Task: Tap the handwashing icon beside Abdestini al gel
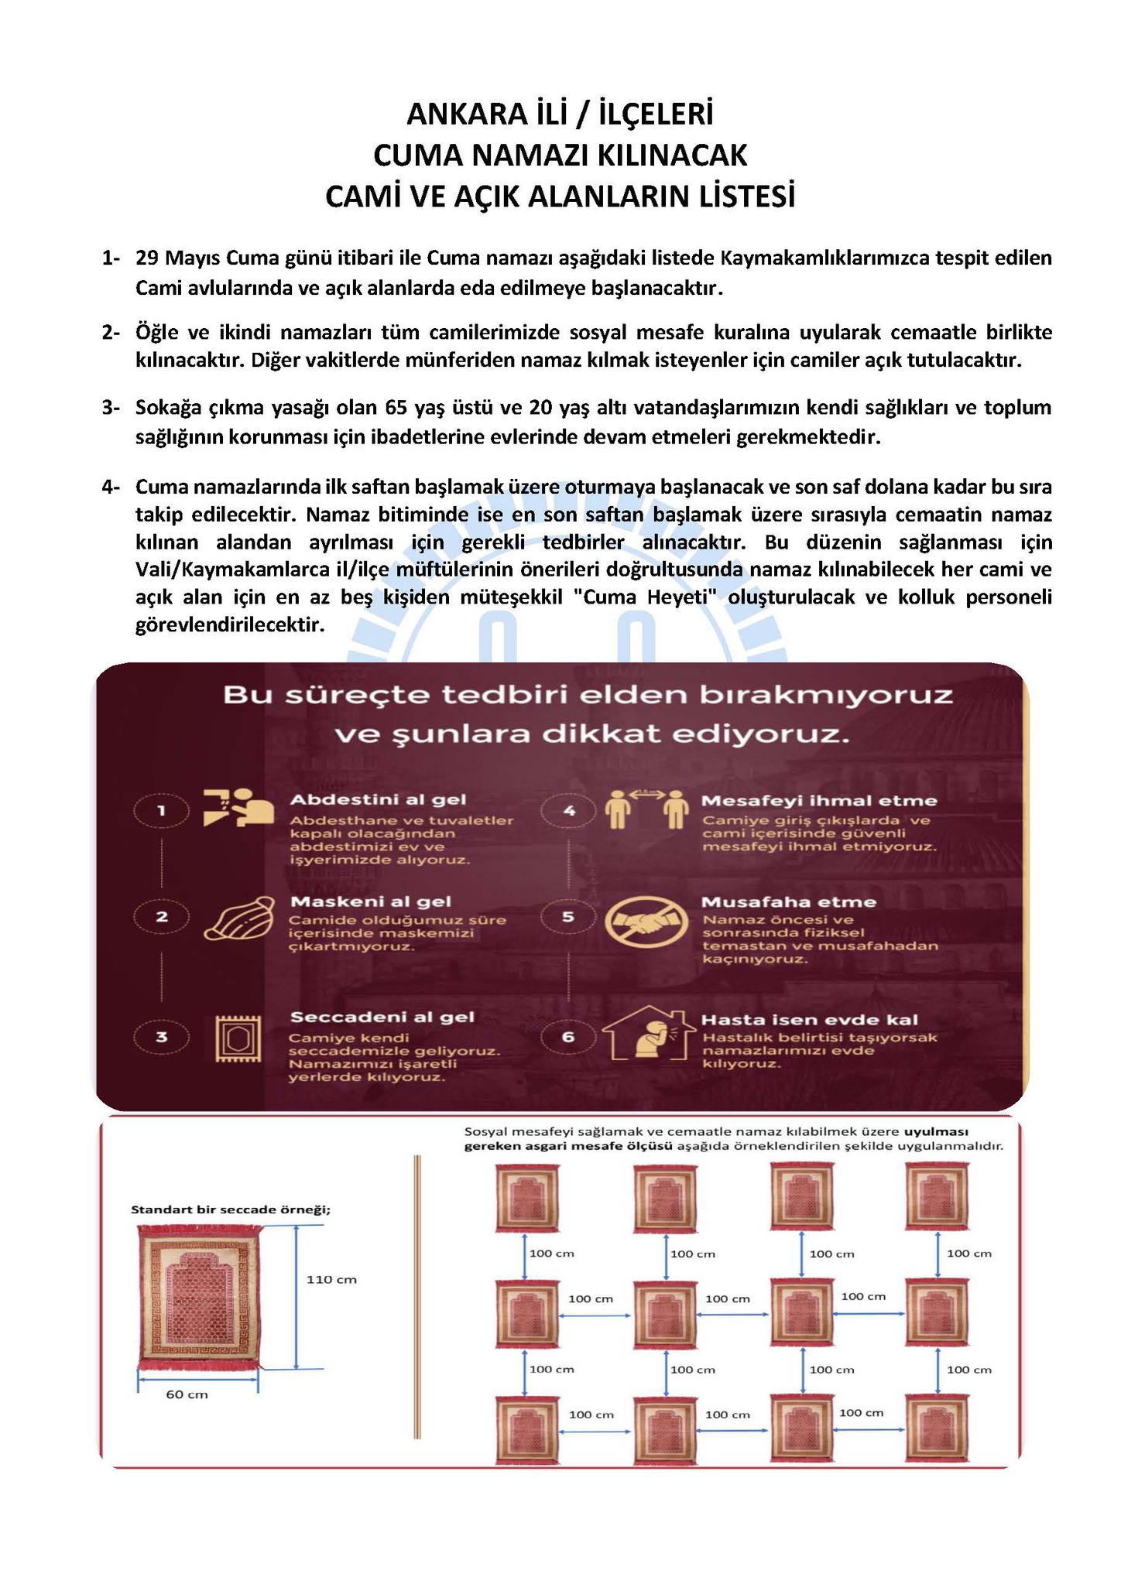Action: (238, 808)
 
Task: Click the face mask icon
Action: (239, 918)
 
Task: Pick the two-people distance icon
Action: (646, 808)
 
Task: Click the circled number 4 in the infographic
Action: (569, 811)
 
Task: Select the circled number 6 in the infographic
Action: (568, 1037)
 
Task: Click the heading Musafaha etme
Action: (788, 901)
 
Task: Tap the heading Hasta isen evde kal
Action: (809, 1020)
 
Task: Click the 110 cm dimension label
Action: (331, 1280)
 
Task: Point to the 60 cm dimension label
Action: (187, 1394)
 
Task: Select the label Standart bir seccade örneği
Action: (230, 1209)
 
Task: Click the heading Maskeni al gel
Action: (370, 901)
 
